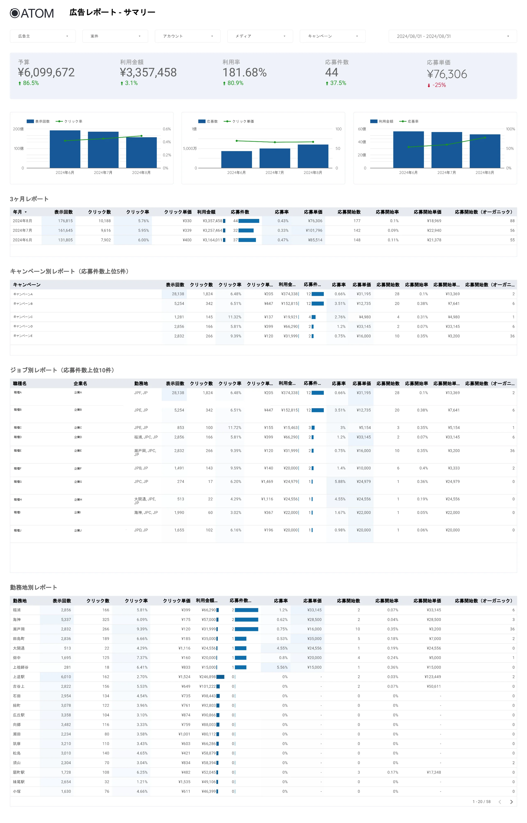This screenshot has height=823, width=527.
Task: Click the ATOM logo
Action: [32, 13]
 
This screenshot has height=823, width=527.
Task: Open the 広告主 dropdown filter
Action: [43, 36]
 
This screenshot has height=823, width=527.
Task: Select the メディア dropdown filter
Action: [260, 36]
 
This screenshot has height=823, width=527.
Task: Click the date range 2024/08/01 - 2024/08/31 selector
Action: [452, 36]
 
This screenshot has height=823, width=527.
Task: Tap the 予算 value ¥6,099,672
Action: [46, 72]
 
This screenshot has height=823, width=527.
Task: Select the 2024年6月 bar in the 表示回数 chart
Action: [65, 149]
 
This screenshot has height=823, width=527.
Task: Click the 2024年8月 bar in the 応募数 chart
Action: [313, 156]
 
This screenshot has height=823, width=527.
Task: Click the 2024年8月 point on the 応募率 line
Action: [485, 138]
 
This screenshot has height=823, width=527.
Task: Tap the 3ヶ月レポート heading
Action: [29, 199]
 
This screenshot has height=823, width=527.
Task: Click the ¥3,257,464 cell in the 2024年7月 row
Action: [212, 230]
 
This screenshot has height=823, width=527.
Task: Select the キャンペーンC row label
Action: [23, 317]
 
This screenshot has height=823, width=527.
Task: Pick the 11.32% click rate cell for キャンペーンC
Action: [234, 317]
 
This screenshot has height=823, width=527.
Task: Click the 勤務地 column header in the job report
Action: [141, 384]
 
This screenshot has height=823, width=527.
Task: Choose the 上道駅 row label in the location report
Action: [19, 677]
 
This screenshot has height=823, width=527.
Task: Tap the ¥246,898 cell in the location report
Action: [207, 677]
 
